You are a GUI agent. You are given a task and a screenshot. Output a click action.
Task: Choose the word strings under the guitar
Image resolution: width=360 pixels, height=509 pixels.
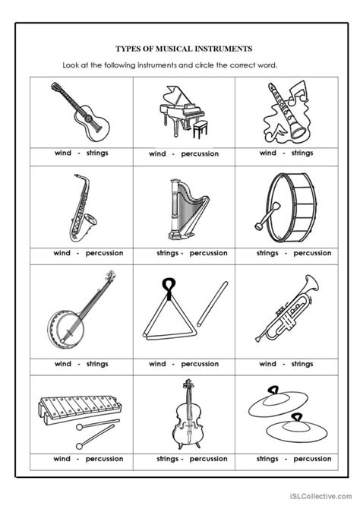pyautogui.click(x=96, y=153)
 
